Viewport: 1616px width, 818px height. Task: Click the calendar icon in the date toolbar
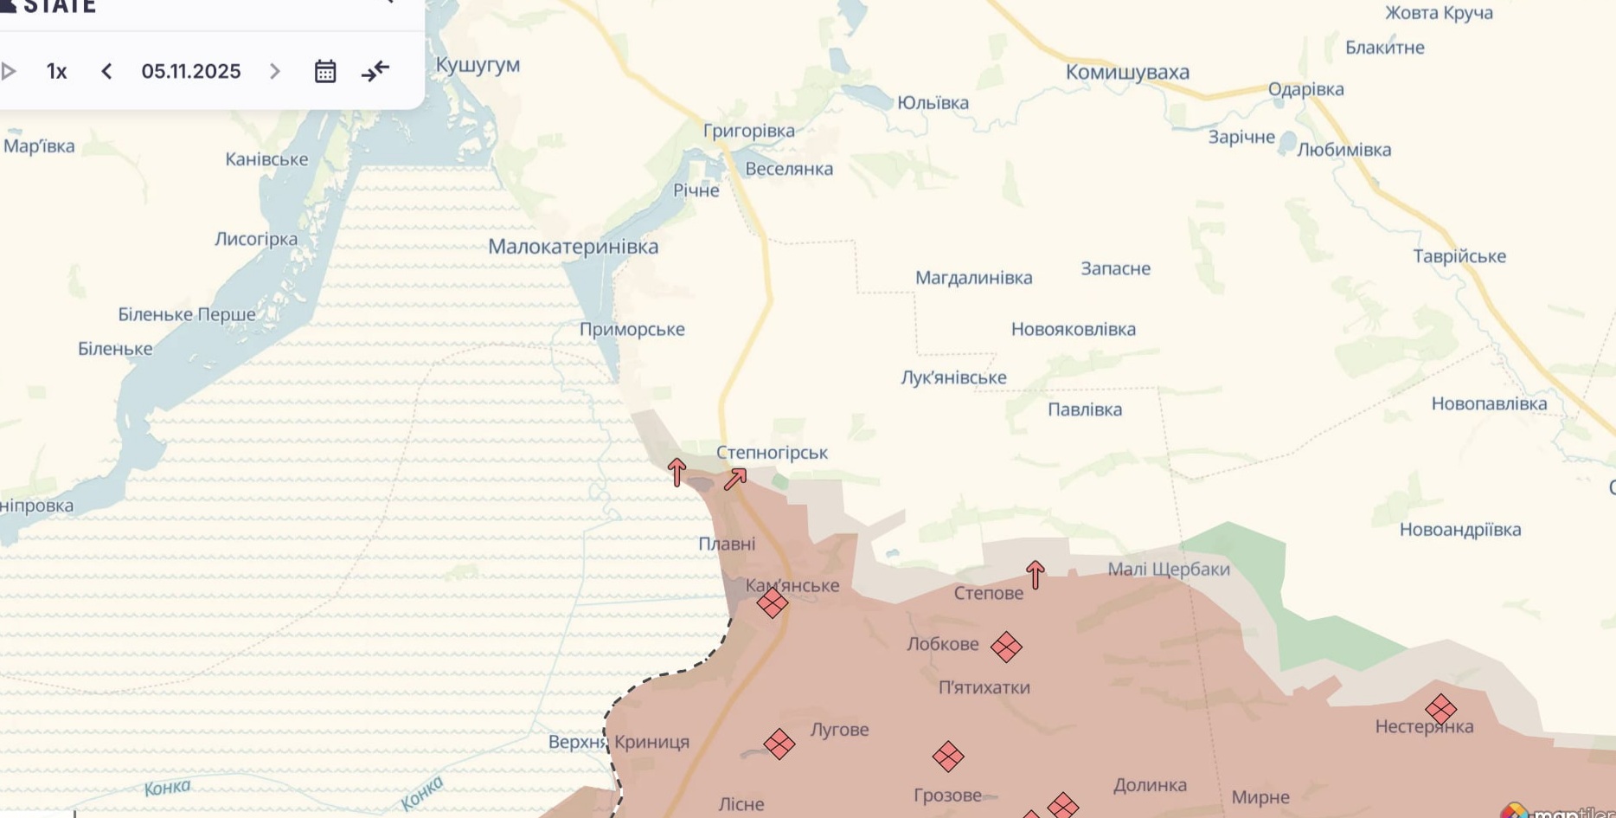325,71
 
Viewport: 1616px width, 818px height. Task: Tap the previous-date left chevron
106,71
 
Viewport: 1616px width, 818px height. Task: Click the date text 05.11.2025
191,71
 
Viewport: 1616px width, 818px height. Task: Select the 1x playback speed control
56,71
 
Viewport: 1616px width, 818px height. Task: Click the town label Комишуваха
1127,72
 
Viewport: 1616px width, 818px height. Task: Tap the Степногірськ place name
772,453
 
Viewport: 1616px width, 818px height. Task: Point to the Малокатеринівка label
573,247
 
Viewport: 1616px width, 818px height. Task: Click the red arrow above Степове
1035,574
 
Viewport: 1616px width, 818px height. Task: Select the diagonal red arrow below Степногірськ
735,479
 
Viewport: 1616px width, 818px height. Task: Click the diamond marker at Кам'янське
773,603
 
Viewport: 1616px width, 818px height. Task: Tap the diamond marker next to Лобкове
1006,647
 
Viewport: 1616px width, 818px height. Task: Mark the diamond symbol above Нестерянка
1440,709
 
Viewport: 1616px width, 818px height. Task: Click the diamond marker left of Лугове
779,744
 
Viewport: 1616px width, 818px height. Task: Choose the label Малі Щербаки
1169,569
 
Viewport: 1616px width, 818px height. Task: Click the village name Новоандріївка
1459,530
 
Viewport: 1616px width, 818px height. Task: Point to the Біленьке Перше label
187,314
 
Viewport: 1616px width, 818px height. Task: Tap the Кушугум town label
478,65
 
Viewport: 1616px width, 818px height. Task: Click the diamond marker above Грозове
948,757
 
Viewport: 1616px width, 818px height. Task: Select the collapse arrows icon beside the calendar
375,71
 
